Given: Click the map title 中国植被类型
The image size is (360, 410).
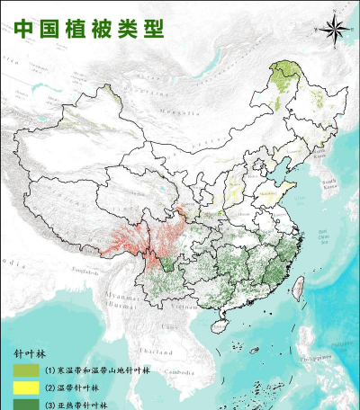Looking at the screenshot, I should coord(90,28).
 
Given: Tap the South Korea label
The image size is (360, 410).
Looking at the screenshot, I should coord(328,186).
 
